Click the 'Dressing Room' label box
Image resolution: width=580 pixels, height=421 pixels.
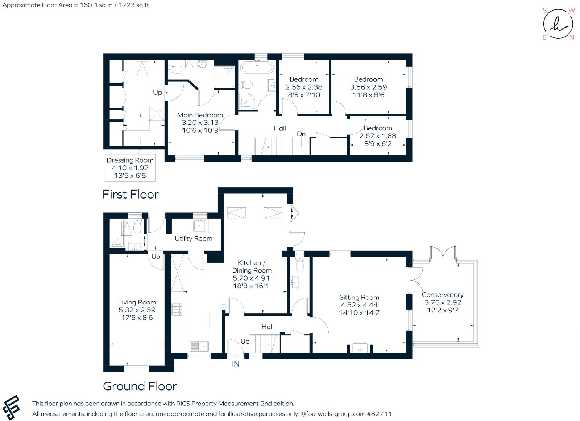[x=130, y=168]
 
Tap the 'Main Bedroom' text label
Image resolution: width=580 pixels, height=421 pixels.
[x=200, y=115]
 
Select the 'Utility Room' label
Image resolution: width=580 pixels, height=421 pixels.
[x=194, y=238]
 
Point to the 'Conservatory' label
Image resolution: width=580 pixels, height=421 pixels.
[x=443, y=295]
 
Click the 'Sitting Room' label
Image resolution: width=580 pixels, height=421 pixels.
[x=359, y=297]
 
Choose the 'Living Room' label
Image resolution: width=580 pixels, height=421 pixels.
[x=137, y=302]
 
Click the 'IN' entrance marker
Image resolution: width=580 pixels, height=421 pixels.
[x=235, y=364]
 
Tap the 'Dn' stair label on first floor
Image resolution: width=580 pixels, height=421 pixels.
[x=301, y=134]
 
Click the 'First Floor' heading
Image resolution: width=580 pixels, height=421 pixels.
[x=130, y=195]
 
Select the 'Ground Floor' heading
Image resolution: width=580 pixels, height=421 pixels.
[x=140, y=386]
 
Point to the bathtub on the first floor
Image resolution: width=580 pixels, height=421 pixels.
[x=257, y=67]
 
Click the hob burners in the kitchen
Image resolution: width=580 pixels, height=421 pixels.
[x=177, y=310]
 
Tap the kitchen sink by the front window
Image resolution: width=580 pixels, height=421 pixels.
[x=199, y=346]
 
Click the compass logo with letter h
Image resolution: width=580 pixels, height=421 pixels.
[x=558, y=24]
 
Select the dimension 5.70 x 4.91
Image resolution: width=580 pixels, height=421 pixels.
[x=251, y=278]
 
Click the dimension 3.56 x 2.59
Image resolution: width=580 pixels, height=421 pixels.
[x=368, y=87]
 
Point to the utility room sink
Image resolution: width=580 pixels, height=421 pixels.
[x=200, y=225]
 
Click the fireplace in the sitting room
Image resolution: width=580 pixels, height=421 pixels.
[x=360, y=348]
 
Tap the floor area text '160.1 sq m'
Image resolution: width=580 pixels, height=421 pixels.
[x=96, y=5]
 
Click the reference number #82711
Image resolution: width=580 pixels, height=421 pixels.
[x=379, y=414]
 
